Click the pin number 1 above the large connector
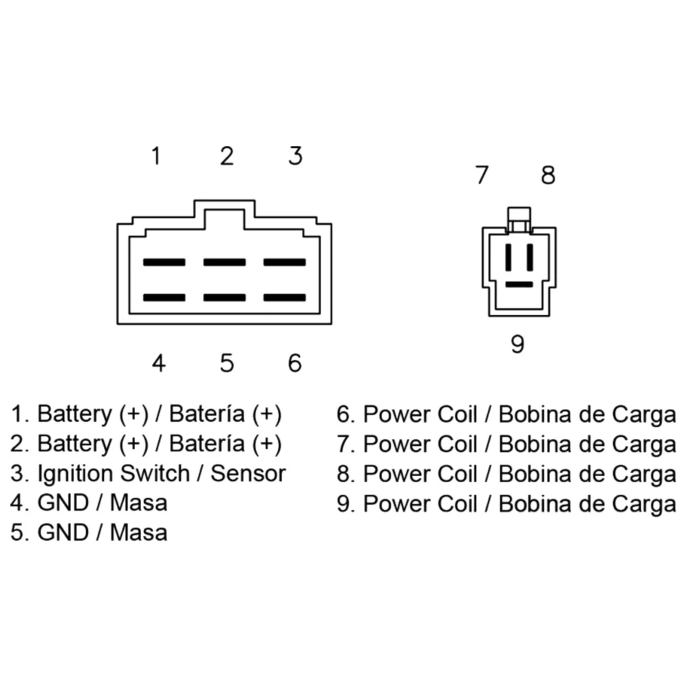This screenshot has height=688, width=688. pyautogui.click(x=157, y=156)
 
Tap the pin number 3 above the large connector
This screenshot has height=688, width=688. pyautogui.click(x=295, y=156)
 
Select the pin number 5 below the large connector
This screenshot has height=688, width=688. pyautogui.click(x=227, y=363)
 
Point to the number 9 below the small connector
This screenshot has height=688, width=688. pyautogui.click(x=518, y=343)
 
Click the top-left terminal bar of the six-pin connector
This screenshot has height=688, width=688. pyautogui.click(x=164, y=262)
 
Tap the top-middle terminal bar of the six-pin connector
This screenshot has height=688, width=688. pyautogui.click(x=224, y=262)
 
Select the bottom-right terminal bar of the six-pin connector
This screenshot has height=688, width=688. pyautogui.click(x=285, y=297)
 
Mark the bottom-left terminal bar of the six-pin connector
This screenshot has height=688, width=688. pyautogui.click(x=164, y=297)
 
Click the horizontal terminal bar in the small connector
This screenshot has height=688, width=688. pyautogui.click(x=519, y=283)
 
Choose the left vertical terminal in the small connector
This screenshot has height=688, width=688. pyautogui.click(x=508, y=257)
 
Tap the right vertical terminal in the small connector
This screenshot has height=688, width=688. pyautogui.click(x=530, y=257)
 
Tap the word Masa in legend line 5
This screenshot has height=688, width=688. pyautogui.click(x=138, y=533)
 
